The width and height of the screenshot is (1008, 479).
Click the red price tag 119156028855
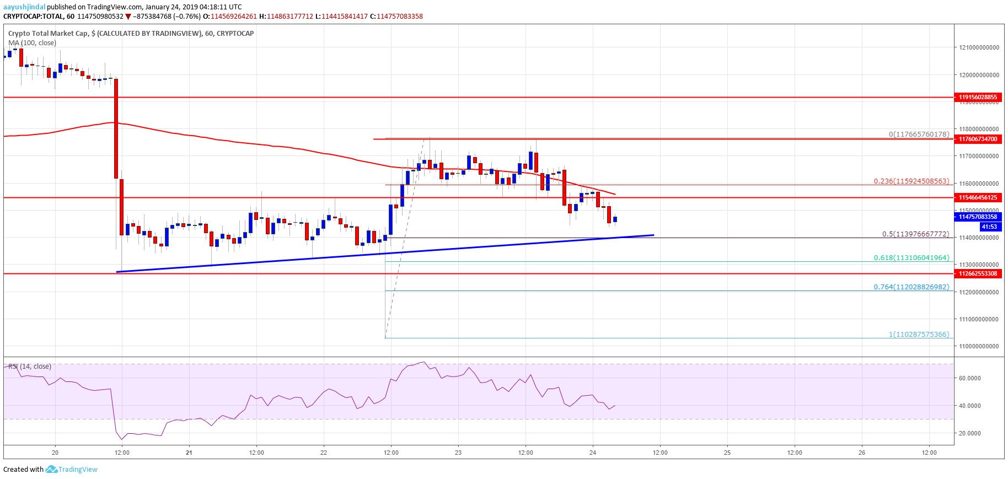point(978,97)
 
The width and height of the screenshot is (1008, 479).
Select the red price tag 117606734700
point(978,139)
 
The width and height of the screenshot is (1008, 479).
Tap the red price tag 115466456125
point(978,197)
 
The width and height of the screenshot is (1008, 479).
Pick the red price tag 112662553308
point(978,273)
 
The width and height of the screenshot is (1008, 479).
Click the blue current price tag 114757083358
point(978,217)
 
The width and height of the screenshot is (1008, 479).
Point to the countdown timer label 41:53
point(989,227)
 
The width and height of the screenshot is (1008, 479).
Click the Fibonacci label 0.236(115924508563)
point(912,181)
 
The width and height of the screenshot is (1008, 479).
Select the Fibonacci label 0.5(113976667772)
point(915,234)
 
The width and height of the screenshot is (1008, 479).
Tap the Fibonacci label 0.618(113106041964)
point(912,257)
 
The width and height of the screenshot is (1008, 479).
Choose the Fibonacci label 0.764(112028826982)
point(912,287)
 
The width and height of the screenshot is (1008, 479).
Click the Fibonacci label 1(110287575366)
point(919,334)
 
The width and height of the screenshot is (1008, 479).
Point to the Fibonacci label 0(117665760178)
point(919,134)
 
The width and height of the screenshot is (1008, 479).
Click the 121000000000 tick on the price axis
point(979,47)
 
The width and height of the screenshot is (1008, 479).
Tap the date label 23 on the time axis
point(458,453)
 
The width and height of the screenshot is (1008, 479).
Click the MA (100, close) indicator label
point(32,42)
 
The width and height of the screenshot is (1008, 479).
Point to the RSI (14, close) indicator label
point(30,366)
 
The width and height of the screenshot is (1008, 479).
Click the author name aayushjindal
point(24,7)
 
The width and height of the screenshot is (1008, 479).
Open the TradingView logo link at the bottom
point(72,470)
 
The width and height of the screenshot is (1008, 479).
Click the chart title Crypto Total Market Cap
point(48,33)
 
